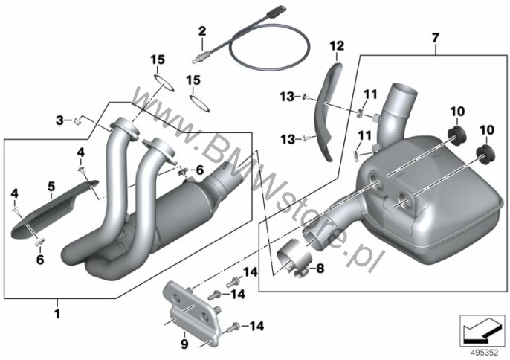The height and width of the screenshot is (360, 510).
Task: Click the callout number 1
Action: pyautogui.click(x=57, y=314)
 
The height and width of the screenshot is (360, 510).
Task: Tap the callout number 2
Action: pyautogui.click(x=202, y=31)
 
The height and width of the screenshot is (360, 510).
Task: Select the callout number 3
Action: pyautogui.click(x=59, y=120)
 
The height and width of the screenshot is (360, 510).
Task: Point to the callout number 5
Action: pyautogui.click(x=51, y=187)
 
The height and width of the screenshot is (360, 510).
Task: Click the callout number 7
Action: pyautogui.click(x=436, y=38)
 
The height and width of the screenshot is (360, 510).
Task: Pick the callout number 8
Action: pyautogui.click(x=320, y=269)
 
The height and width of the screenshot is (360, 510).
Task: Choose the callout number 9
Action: pyautogui.click(x=184, y=344)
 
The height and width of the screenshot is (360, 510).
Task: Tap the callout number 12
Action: pyautogui.click(x=337, y=46)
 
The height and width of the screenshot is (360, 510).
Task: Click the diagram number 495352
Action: pyautogui.click(x=485, y=353)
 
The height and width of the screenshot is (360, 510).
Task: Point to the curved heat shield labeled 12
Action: pyautogui.click(x=327, y=111)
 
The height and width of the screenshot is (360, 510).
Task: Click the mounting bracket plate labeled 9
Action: pyautogui.click(x=192, y=309)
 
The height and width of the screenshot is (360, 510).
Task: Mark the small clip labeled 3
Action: pyautogui.click(x=77, y=122)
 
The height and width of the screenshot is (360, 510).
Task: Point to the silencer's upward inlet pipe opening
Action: pyautogui.click(x=404, y=90)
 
